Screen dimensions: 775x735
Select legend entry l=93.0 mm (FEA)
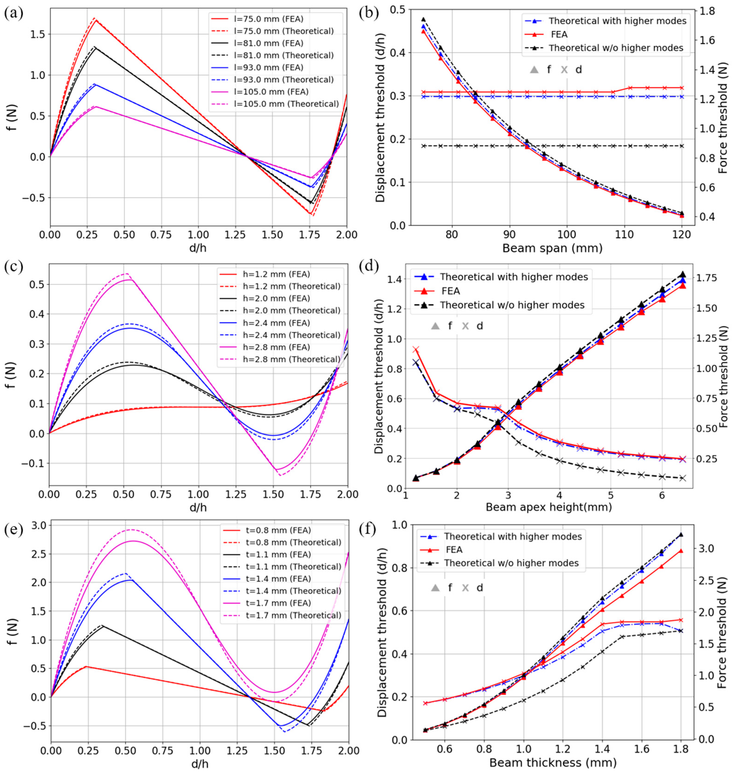tap(269, 67)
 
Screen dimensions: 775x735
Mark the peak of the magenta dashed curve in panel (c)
tap(126, 274)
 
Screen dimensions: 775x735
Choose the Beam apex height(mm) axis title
tap(549, 507)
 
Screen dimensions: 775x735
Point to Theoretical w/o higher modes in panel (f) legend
tap(511, 563)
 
